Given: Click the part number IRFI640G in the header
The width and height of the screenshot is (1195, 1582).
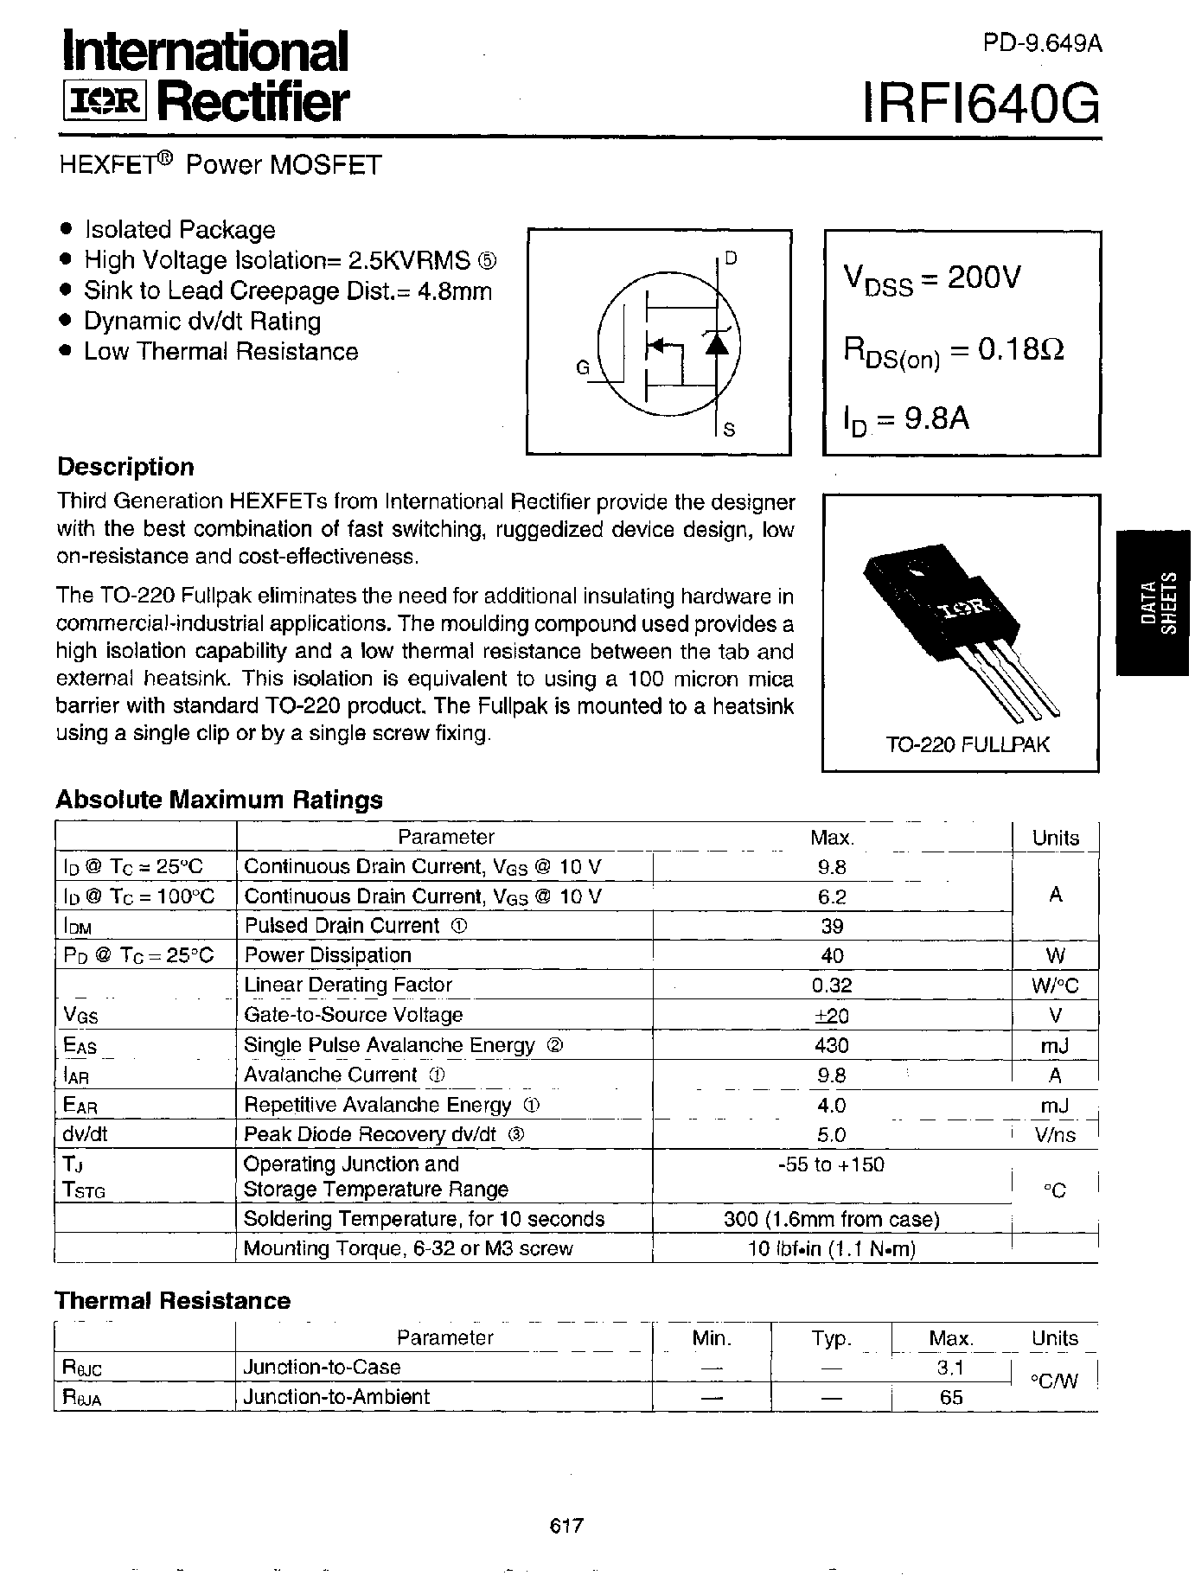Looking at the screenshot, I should [981, 104].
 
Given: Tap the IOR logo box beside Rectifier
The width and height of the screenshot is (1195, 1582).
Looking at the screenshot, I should [105, 103].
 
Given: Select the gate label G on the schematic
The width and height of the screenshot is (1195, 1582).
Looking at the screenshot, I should [582, 368].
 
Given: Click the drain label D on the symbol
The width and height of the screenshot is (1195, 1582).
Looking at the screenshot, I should [731, 258].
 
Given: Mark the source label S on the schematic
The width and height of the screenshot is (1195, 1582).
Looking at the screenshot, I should [729, 429].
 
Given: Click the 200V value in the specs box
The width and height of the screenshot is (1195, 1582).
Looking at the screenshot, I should [984, 277].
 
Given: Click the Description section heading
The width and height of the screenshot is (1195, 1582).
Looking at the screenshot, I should [125, 467].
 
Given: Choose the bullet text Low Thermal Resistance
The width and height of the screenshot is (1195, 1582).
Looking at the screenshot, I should [220, 352].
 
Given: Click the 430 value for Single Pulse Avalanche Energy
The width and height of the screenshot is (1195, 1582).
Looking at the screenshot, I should [831, 1045].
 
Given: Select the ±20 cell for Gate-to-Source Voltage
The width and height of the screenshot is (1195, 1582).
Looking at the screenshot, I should [831, 1015].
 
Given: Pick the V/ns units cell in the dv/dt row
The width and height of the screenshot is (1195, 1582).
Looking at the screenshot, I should [1055, 1135].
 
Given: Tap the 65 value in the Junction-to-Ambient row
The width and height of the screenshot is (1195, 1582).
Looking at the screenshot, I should [950, 1397].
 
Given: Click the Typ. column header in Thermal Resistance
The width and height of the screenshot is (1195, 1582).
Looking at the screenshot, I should [831, 1339].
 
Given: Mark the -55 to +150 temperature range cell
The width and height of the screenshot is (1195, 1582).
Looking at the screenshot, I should [831, 1164].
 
